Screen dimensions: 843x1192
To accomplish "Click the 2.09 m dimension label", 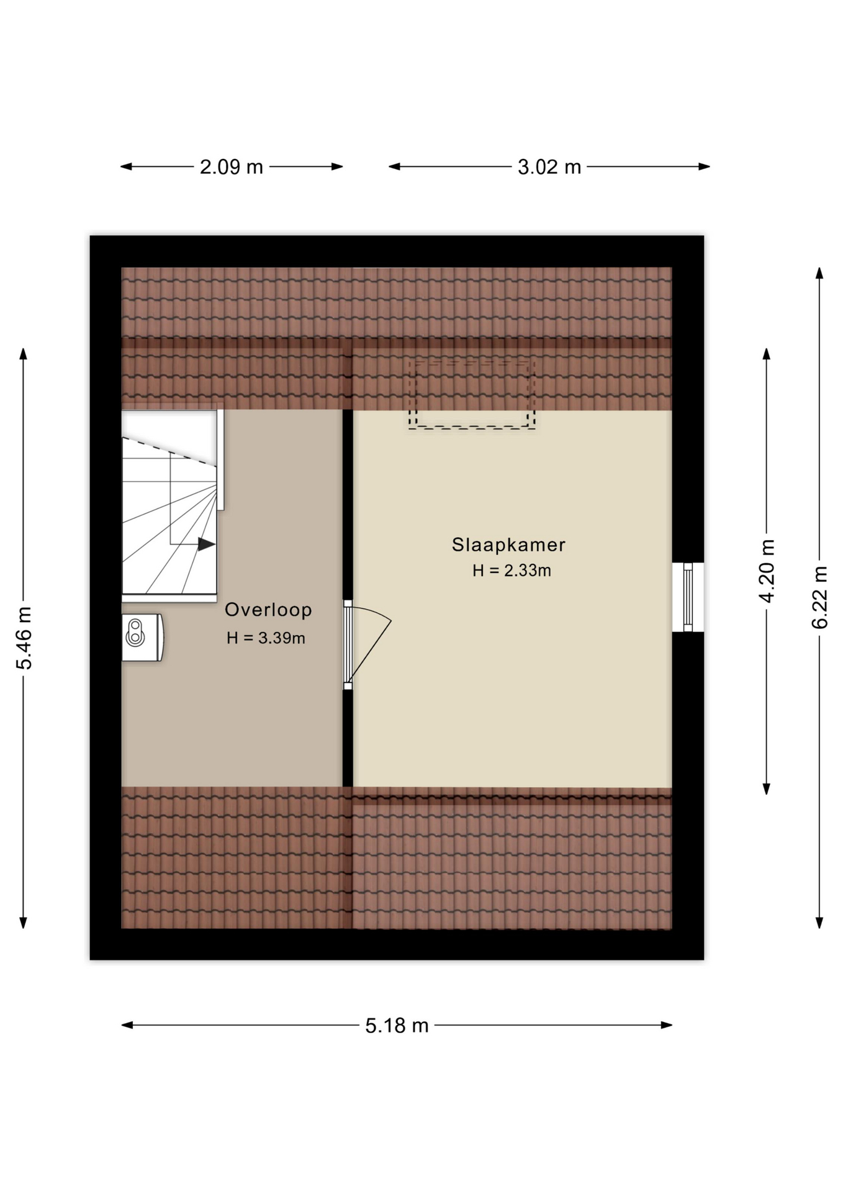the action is (232, 167).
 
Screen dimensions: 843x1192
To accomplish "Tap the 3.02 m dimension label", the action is (549, 167).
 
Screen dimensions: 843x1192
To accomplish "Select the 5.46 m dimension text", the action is (24, 638).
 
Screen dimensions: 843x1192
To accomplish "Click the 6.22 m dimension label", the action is (820, 597).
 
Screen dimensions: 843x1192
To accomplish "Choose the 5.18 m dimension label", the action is (397, 1026).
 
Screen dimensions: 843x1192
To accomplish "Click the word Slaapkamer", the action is (508, 545).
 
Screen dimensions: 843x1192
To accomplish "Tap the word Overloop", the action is (268, 610).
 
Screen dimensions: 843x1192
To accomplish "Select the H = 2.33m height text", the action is (512, 571).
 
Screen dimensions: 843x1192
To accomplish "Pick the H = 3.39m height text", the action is (266, 638).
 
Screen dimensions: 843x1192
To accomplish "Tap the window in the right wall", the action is (688, 597).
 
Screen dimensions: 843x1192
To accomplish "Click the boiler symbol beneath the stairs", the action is (142, 638).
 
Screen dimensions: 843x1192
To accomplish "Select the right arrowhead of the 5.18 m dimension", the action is (667, 1025).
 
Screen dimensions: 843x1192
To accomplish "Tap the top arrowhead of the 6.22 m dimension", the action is (819, 273).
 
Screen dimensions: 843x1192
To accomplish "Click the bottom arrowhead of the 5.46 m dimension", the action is (24, 923).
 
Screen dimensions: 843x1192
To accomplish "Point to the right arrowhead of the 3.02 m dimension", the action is (704, 166).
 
